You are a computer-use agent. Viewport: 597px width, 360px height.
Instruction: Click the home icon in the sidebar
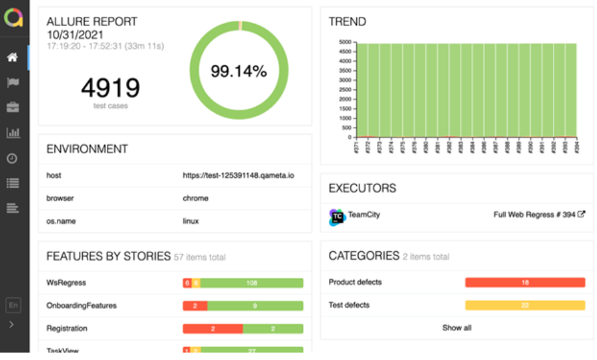(x=12, y=58)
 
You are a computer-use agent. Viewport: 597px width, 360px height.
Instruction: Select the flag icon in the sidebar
(x=12, y=82)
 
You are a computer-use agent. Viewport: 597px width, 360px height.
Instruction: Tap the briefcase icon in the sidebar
(x=12, y=107)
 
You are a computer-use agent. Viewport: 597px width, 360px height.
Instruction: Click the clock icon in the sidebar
(x=12, y=158)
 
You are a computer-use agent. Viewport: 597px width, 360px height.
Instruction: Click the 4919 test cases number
(x=110, y=88)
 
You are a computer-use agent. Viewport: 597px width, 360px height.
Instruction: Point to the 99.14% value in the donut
(x=238, y=71)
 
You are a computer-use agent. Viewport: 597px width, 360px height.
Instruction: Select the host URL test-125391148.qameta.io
(x=238, y=175)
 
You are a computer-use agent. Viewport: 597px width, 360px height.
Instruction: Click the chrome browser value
(x=196, y=198)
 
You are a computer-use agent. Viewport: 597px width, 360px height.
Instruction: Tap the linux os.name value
(x=191, y=221)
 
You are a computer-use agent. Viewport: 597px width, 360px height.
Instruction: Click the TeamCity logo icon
(x=337, y=217)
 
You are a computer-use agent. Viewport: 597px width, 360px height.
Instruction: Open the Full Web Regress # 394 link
(x=539, y=215)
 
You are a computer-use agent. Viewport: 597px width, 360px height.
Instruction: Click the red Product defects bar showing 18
(x=524, y=282)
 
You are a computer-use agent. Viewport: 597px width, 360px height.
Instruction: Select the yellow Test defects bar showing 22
(x=524, y=305)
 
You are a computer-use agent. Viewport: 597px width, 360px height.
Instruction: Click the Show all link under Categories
(x=456, y=328)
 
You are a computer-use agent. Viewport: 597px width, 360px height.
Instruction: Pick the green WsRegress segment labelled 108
(x=252, y=283)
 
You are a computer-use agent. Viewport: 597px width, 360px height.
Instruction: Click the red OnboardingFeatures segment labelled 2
(x=195, y=306)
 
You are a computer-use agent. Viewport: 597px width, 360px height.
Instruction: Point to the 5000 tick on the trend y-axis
(x=344, y=42)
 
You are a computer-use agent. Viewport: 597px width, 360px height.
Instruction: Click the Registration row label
(x=66, y=328)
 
